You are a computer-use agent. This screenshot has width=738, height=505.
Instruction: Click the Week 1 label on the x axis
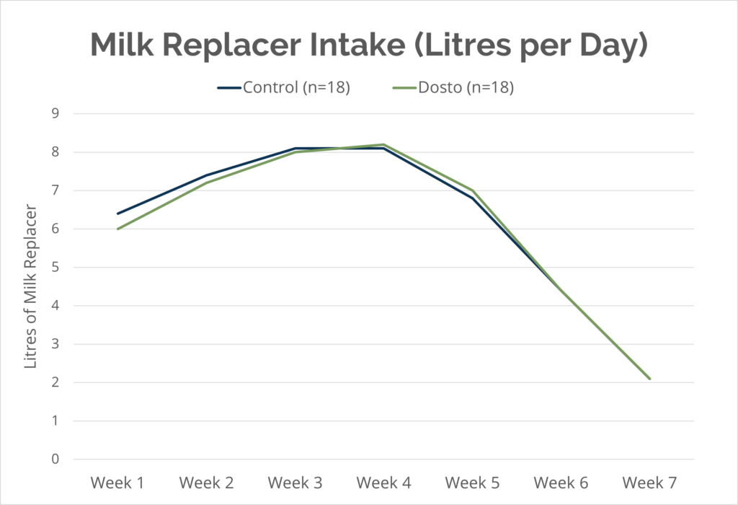[117, 482]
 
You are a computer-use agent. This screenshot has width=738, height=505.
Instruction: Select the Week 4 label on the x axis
[384, 482]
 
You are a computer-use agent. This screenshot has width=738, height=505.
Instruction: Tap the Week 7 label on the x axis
[650, 482]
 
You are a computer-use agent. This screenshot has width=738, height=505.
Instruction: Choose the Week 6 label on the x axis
[561, 482]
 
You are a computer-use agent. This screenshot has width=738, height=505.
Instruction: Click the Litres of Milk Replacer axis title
[31, 286]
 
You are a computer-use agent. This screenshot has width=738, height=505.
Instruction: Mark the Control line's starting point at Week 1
[117, 214]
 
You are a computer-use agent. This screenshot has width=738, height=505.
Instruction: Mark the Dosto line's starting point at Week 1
[117, 229]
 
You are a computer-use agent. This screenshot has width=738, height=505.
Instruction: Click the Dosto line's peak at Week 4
[384, 144]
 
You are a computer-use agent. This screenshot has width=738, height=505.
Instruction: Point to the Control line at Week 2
[206, 175]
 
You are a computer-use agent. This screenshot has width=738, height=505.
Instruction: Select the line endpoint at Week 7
[650, 379]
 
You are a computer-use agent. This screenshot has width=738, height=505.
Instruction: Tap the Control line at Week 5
[473, 198]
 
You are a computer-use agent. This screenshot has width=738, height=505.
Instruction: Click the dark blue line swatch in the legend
[229, 88]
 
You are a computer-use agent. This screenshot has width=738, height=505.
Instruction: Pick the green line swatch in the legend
[404, 88]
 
